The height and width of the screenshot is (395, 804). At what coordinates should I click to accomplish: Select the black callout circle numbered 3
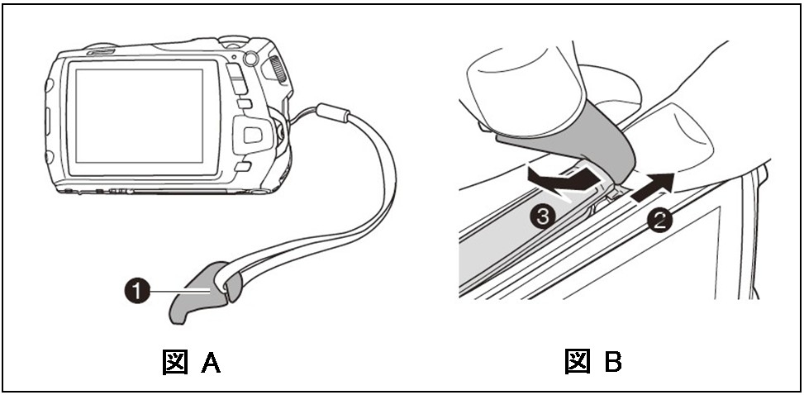point(543,217)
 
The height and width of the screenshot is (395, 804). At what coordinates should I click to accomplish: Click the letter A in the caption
point(211,363)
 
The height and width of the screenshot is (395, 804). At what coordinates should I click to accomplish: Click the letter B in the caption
point(613,362)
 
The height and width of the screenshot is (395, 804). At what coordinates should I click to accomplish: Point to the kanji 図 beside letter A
point(175,362)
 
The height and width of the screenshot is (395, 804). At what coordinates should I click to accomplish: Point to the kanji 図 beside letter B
point(578,362)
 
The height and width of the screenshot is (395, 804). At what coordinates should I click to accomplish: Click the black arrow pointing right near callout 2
point(653,187)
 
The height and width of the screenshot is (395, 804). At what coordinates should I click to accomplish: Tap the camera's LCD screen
point(139,116)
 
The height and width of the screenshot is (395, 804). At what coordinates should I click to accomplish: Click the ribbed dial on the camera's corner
point(278,69)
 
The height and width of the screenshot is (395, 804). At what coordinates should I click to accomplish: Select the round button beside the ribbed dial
point(250,59)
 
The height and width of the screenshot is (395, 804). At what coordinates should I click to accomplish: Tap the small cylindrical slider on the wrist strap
point(333,112)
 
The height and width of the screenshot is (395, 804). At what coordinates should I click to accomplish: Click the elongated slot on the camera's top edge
point(100,52)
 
